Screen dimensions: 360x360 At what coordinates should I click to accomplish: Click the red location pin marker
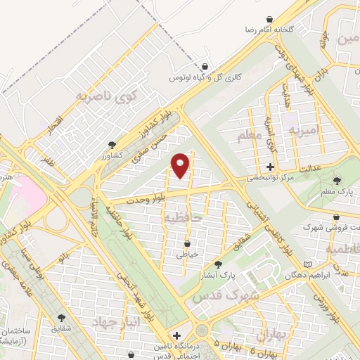pyautogui.click(x=180, y=165)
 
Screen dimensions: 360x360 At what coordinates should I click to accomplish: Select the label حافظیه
pyautogui.click(x=182, y=218)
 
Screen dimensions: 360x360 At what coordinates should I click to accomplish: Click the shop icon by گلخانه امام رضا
pyautogui.click(x=269, y=19)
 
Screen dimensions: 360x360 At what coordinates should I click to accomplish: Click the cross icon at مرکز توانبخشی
pyautogui.click(x=270, y=167)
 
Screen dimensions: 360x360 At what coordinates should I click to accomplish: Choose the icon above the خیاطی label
pyautogui.click(x=182, y=243)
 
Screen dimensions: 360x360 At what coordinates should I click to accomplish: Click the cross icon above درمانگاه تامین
pyautogui.click(x=176, y=336)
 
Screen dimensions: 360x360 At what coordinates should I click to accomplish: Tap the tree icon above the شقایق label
pyautogui.click(x=62, y=319)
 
